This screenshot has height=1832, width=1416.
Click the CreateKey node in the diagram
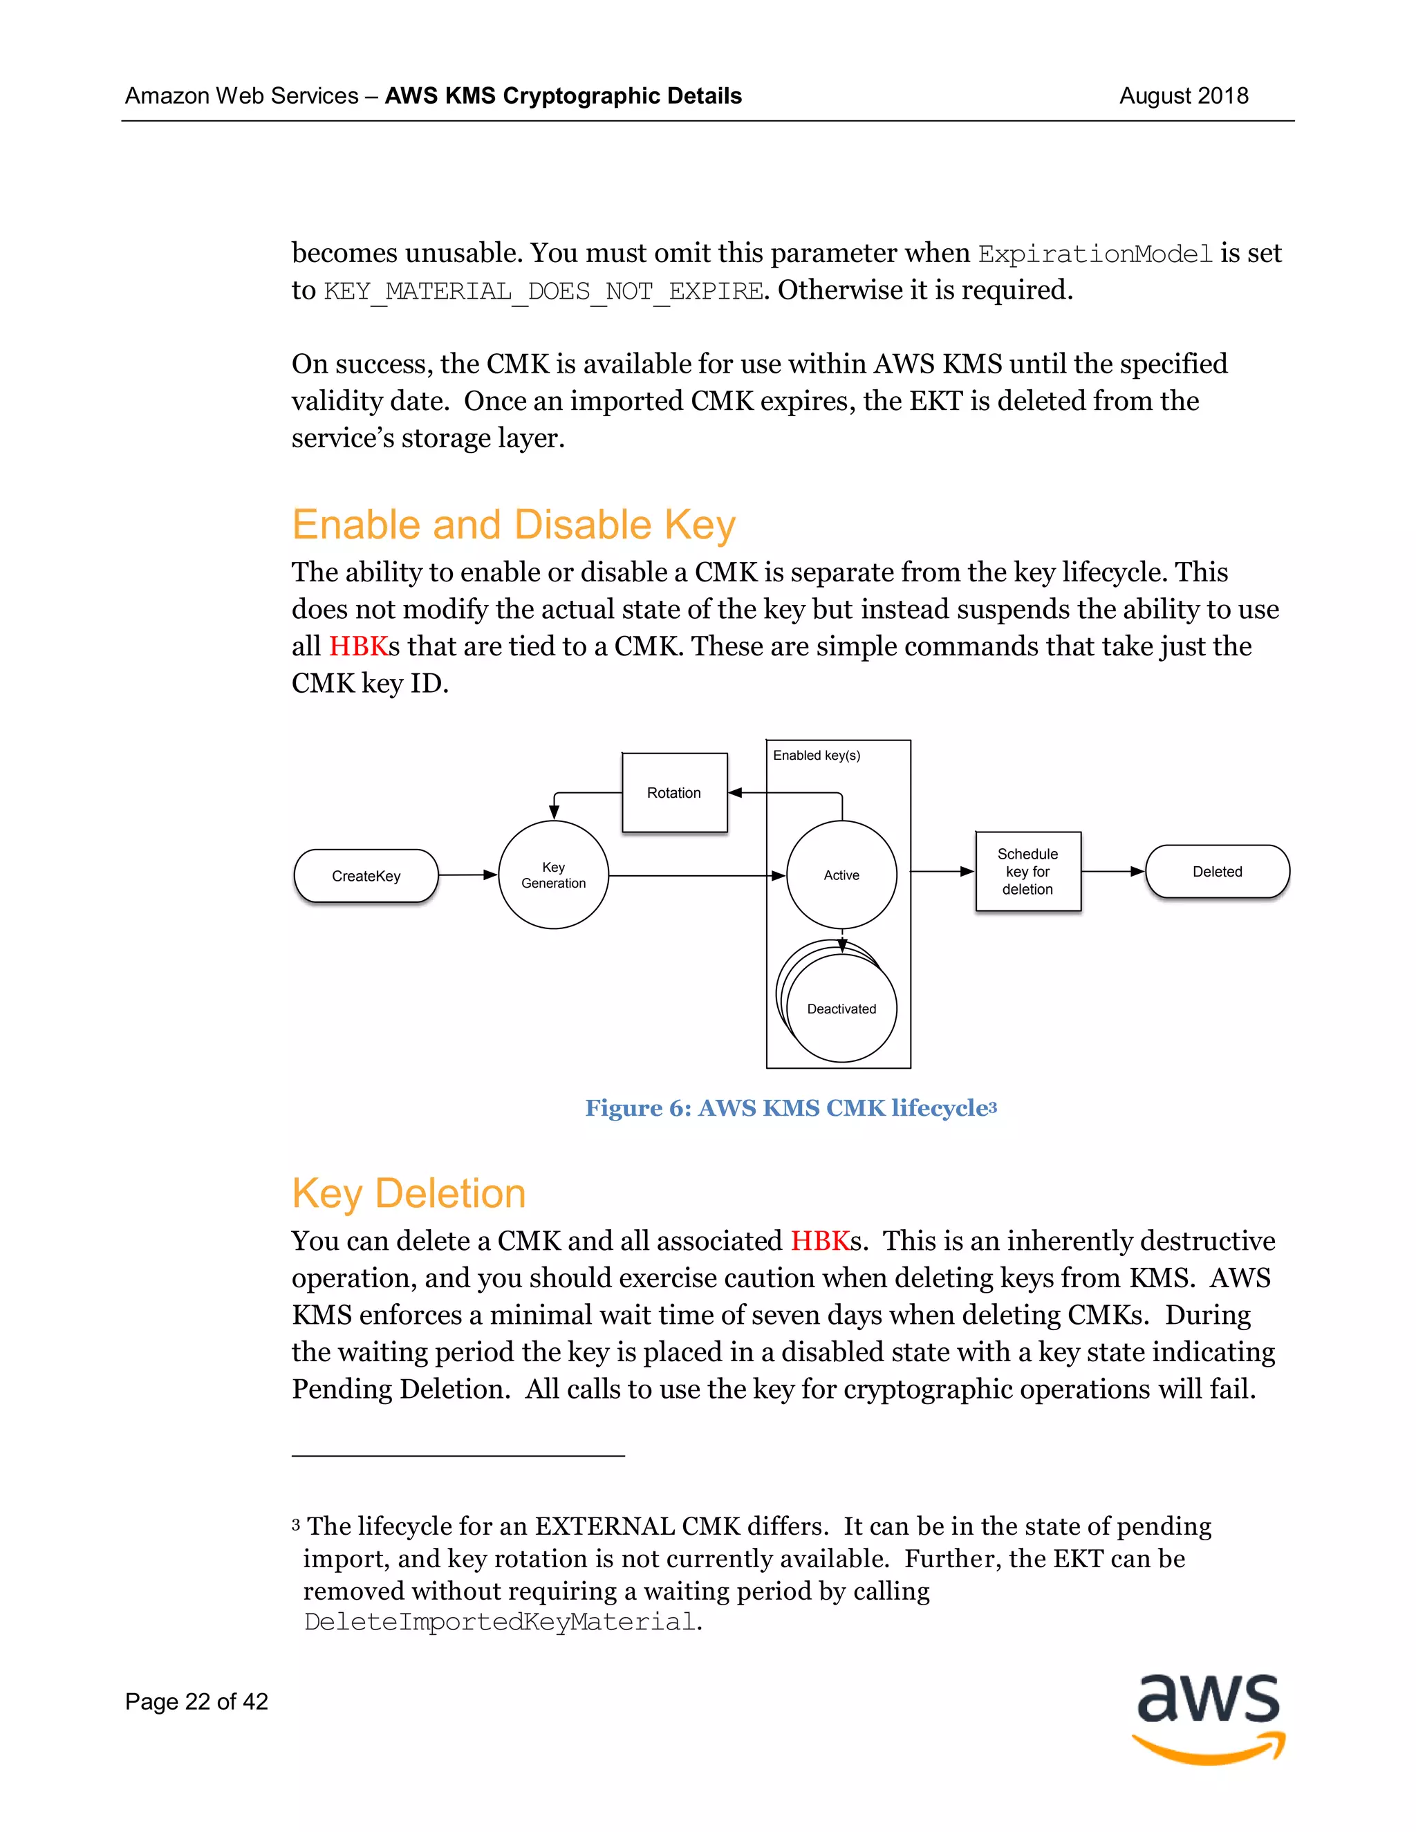coord(366,876)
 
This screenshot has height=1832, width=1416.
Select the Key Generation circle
coord(554,875)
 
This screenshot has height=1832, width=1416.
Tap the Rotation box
coord(674,793)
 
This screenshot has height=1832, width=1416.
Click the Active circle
coord(841,875)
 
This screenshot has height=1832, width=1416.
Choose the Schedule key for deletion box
coord(1027,872)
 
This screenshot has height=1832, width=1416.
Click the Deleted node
coord(1217,872)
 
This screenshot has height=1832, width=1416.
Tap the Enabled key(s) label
coord(817,755)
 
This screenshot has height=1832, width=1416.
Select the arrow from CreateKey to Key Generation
coord(468,875)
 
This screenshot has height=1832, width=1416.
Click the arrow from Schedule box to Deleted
coord(1113,872)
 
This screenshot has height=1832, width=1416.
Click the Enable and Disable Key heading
coord(514,525)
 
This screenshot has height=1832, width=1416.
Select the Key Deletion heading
coord(409,1194)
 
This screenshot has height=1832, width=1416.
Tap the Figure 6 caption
coord(790,1108)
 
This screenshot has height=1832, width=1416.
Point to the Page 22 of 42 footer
coord(196,1701)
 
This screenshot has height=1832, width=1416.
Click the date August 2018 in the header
coord(1183,95)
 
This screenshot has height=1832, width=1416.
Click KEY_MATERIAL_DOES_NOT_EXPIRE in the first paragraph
coord(543,291)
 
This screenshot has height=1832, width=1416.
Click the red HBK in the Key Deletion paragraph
coord(819,1241)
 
